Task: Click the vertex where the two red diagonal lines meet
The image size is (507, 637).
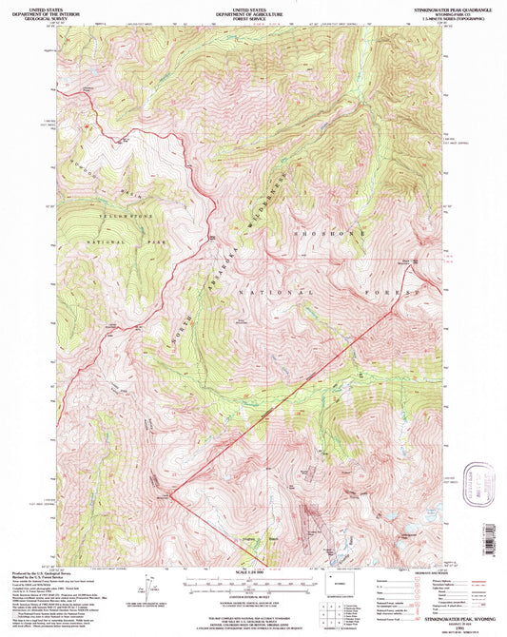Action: pyautogui.click(x=172, y=495)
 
